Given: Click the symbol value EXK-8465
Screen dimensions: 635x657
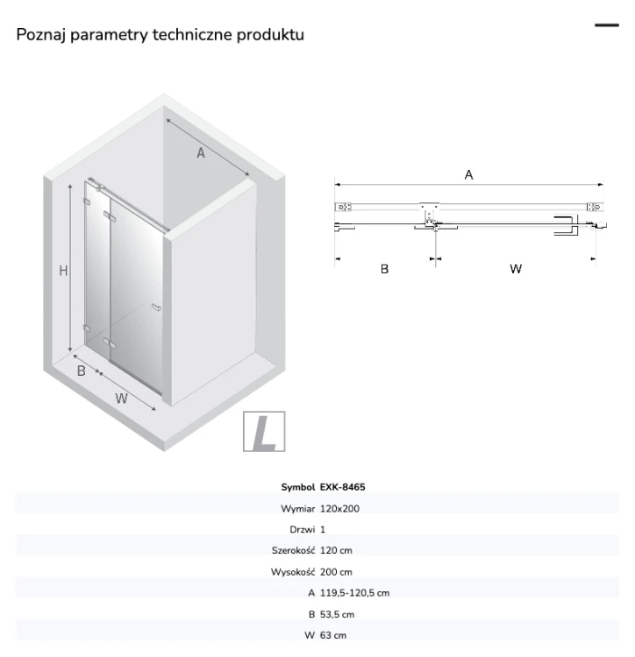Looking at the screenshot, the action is [x=342, y=487].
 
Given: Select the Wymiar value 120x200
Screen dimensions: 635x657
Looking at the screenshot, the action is [x=339, y=508].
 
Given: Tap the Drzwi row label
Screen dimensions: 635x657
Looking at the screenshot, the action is [x=302, y=529].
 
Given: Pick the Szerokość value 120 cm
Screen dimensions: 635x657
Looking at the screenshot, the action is [x=336, y=550].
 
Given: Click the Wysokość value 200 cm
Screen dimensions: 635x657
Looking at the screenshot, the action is [x=336, y=571].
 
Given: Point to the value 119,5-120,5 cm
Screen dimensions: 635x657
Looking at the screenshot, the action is [x=354, y=592].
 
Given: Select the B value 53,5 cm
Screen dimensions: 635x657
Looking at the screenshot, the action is [x=337, y=614].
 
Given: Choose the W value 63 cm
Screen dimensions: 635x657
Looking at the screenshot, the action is [x=333, y=635].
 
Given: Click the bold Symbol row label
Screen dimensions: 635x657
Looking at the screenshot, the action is [x=298, y=487].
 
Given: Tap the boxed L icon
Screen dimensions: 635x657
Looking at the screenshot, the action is [x=264, y=431].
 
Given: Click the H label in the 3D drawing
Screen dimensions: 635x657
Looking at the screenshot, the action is [x=63, y=271].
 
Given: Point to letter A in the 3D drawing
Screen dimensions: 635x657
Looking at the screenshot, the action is [x=201, y=153].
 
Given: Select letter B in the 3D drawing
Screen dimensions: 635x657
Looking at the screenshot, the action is [x=82, y=371].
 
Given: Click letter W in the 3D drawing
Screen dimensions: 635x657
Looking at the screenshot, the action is [x=121, y=398].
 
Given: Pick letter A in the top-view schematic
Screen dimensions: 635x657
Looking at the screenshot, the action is [x=468, y=174].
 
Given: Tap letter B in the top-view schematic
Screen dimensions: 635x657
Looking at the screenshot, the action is [x=384, y=269].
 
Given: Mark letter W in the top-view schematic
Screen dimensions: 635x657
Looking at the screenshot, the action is [x=516, y=269].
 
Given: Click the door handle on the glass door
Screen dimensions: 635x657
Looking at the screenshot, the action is [x=156, y=307].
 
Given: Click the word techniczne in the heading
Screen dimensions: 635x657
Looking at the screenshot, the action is [x=192, y=34].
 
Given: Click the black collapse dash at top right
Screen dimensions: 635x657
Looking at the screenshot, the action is [x=606, y=25].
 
